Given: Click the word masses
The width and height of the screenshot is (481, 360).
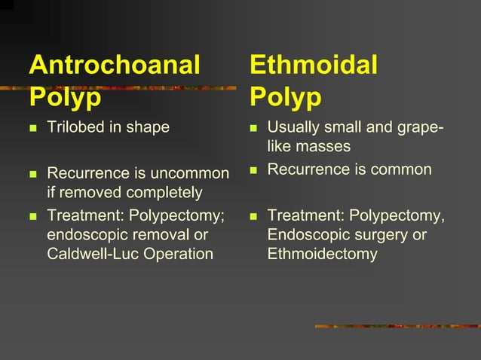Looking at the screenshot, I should tap(323, 145).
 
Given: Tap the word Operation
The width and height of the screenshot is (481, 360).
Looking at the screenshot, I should tap(181, 254).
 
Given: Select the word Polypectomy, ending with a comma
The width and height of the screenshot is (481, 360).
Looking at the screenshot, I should tap(397, 216).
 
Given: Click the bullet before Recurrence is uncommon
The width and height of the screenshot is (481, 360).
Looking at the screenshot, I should tap(32, 175).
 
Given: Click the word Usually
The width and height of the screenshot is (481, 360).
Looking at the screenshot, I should tap(295, 127).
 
